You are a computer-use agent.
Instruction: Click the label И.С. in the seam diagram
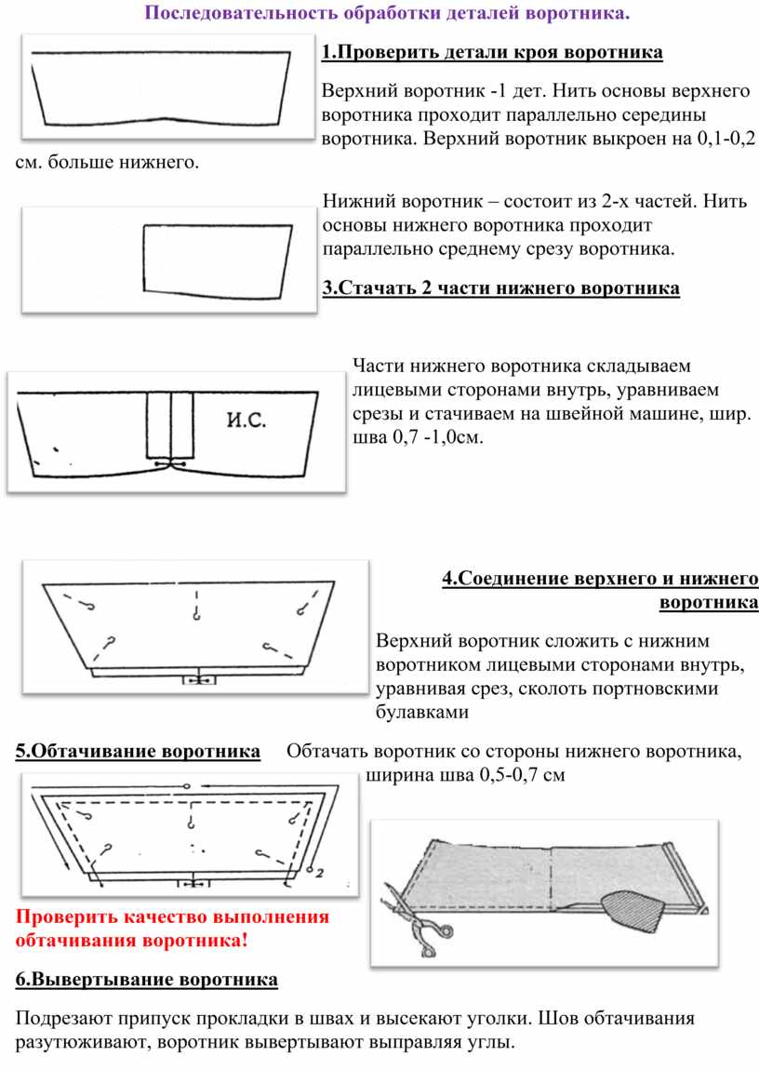click(246, 421)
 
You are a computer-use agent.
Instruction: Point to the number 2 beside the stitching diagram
click(318, 873)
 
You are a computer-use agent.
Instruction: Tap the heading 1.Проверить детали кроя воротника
click(492, 52)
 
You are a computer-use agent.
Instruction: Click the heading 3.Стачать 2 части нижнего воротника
click(500, 288)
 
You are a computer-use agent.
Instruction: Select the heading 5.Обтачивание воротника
click(138, 751)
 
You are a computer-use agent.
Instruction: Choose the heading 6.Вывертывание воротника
click(147, 980)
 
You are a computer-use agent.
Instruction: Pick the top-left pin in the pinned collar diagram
click(90, 606)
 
